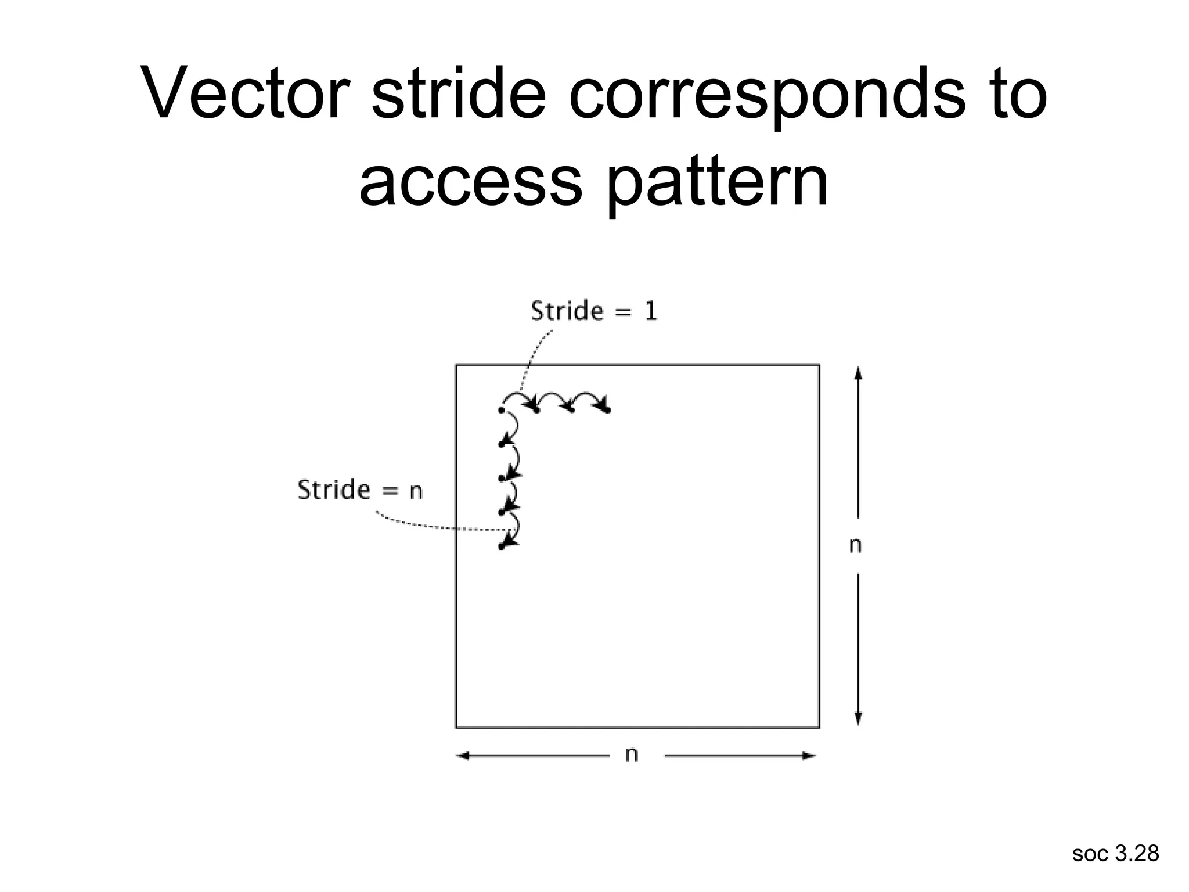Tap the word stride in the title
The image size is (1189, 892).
[x=459, y=93]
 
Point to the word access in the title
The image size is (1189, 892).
[x=470, y=181]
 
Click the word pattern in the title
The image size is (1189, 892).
[x=718, y=181]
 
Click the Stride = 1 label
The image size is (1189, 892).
[x=594, y=311]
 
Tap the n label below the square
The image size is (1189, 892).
[x=632, y=754]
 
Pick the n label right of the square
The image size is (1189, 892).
[x=855, y=545]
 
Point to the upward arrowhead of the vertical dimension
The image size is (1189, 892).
[x=859, y=372]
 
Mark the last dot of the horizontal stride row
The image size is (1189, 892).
[x=607, y=411]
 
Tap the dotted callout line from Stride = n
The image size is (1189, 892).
[x=430, y=526]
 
